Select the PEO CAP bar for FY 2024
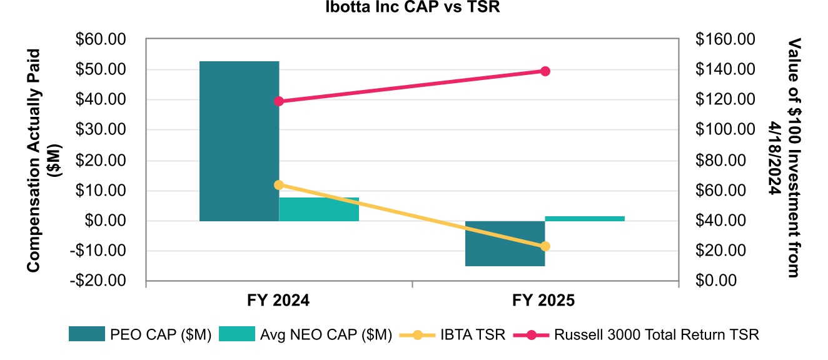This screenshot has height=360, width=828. tap(239, 141)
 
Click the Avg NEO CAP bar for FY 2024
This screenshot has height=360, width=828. tap(319, 209)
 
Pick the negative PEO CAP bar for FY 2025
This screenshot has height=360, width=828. tap(505, 243)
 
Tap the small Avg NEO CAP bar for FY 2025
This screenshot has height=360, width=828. tap(585, 218)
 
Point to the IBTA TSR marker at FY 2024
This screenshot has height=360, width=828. tap(279, 185)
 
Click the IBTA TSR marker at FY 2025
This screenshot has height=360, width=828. tap(545, 246)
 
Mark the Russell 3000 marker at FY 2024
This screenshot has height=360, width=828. tap(279, 101)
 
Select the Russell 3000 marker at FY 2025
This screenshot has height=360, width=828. tap(545, 71)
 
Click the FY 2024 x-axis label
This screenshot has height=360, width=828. tap(279, 301)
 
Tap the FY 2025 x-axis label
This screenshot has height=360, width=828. tap(545, 301)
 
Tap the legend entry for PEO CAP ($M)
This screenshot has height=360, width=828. tap(144, 334)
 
